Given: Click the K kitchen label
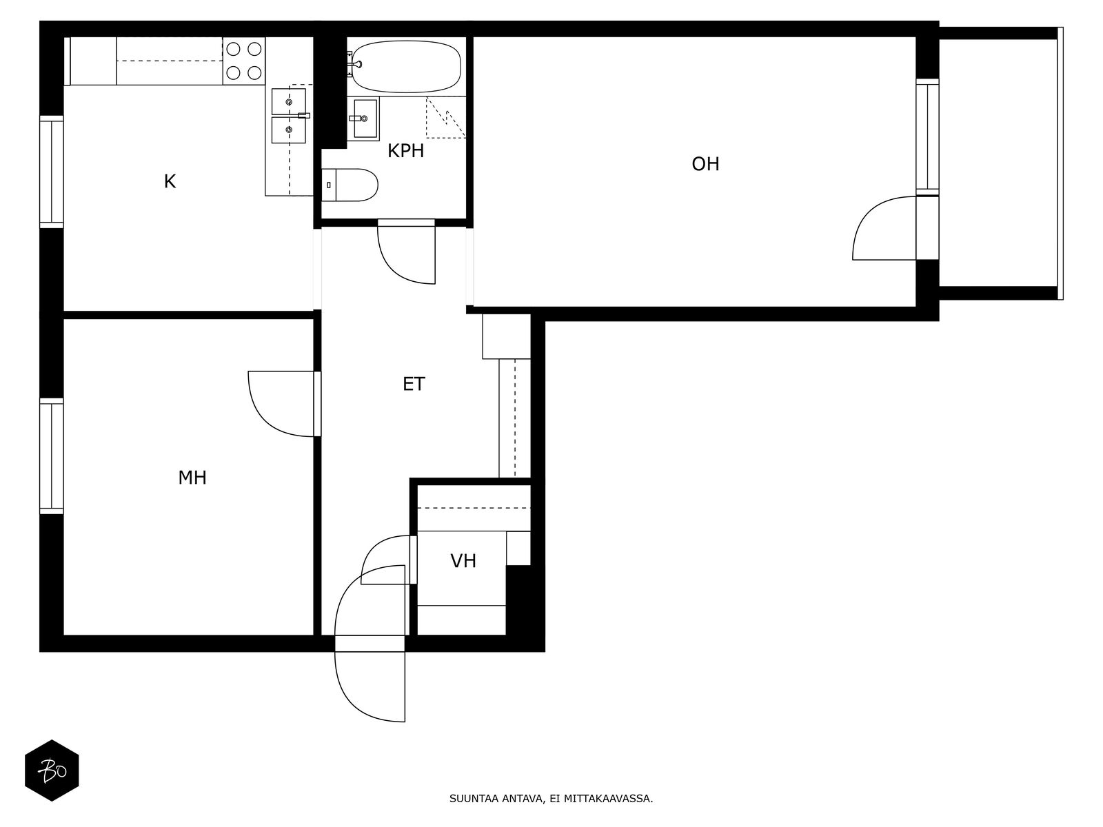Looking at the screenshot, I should point(170,182).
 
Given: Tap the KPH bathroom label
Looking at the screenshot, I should point(405,151).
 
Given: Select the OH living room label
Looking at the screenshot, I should point(705,164).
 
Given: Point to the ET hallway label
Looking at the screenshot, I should point(414,384).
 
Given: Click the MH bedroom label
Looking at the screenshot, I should point(192,478).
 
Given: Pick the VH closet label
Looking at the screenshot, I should point(463,561).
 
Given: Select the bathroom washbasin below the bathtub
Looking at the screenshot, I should point(363,119).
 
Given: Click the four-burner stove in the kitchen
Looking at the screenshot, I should point(244,61).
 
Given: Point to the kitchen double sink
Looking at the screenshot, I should point(289,116).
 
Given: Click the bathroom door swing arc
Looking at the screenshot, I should point(403,255).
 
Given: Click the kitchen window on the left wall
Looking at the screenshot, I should point(52,172).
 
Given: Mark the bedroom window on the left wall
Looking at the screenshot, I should point(52,456).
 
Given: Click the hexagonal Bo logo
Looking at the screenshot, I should point(52,770).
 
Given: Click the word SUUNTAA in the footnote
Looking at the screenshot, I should point(472,800).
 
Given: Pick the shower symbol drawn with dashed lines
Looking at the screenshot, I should point(444,118).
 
